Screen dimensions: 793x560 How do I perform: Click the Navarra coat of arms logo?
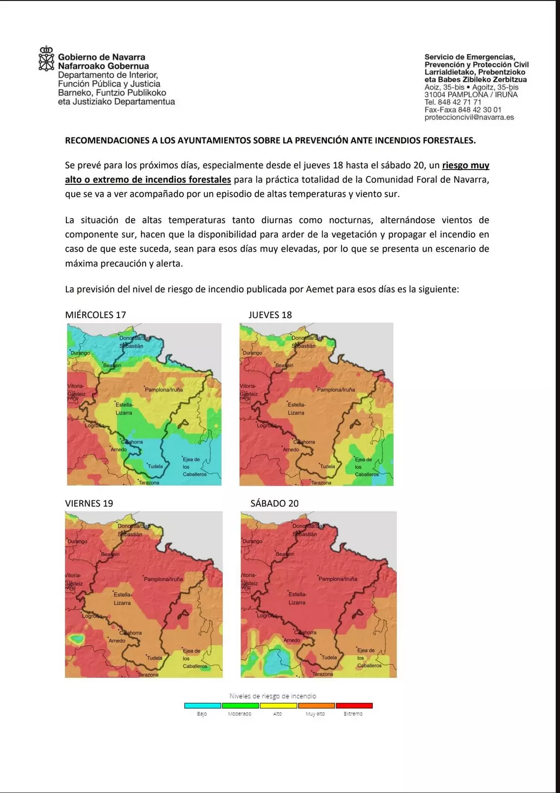tap(46, 58)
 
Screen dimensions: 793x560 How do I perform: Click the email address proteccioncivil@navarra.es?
tap(469, 117)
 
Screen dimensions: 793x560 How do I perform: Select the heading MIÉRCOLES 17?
tap(96, 315)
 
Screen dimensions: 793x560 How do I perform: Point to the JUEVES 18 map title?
tap(270, 315)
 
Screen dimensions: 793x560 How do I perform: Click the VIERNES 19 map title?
tap(89, 504)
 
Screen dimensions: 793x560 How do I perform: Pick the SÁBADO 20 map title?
tap(274, 504)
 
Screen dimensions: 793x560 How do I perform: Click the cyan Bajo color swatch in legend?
tap(203, 705)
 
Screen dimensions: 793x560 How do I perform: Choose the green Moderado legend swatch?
tap(240, 705)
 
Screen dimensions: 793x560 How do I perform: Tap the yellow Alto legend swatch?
tap(278, 705)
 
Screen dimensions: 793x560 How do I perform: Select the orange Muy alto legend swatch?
tap(316, 705)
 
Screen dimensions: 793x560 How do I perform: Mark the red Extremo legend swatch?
tap(354, 705)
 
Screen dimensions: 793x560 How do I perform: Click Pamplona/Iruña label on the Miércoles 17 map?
tap(163, 390)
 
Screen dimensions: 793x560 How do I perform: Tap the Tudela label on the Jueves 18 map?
tap(327, 466)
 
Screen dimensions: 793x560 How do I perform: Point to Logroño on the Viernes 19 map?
tap(93, 616)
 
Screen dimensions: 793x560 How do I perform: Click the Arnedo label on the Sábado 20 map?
tap(292, 640)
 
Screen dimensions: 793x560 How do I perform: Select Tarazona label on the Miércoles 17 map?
tap(149, 483)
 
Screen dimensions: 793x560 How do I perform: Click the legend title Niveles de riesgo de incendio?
tap(273, 696)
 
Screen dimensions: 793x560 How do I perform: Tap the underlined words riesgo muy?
tap(465, 165)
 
